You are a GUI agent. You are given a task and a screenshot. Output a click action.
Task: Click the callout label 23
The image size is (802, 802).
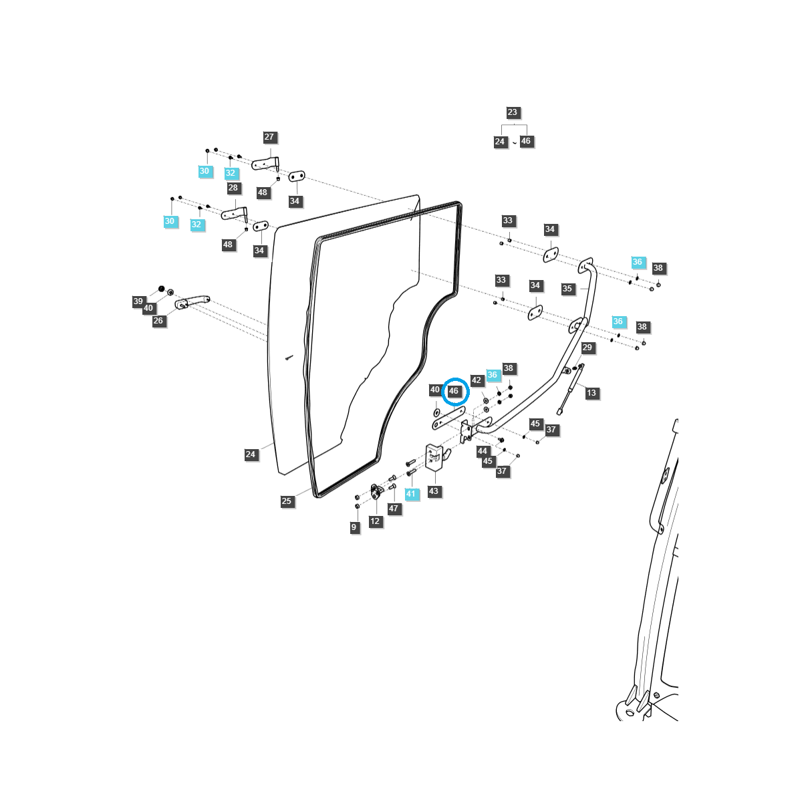coord(512,113)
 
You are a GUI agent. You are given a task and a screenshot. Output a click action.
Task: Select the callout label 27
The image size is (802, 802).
coord(269,137)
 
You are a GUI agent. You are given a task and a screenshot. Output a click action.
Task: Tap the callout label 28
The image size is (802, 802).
coord(233,188)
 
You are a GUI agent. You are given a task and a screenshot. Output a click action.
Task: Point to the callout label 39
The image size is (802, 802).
coord(138,301)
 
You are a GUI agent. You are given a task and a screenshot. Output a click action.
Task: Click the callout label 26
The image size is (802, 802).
coord(158,321)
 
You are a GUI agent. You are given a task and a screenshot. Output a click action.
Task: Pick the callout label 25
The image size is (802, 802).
coord(287,501)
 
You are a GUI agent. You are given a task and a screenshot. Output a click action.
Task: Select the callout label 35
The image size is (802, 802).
coord(567,289)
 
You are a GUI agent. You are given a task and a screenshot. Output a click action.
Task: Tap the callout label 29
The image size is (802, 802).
coord(587,348)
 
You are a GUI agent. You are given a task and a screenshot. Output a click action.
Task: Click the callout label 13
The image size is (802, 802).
coord(591,393)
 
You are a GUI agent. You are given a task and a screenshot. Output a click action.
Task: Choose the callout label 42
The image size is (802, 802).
coord(476,380)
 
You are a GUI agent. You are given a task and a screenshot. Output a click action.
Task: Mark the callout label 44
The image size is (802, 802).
coord(483,452)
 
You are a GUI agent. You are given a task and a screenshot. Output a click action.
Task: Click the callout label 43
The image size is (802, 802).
coord(434,491)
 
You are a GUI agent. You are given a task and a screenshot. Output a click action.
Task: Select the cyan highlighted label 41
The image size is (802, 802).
coord(411,495)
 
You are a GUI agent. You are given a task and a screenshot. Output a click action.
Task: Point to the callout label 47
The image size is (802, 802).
coord(393,509)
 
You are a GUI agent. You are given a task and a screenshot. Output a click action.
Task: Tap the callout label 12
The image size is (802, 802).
coord(375,521)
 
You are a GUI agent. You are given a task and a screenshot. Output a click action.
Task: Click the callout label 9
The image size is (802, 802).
coord(354,527)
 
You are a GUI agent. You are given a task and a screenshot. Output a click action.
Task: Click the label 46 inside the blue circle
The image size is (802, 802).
coord(454,391)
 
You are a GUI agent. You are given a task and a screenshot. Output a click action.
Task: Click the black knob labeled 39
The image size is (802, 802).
coord(161,289)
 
